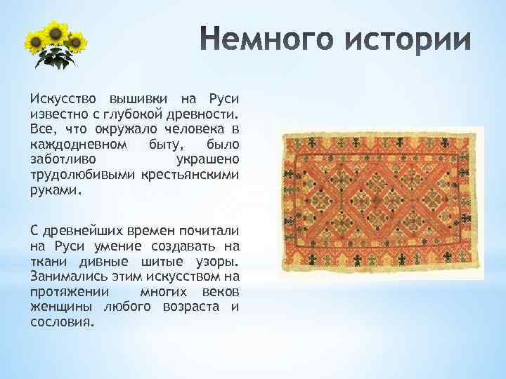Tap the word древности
(x=207, y=113)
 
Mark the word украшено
(x=208, y=159)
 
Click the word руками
(x=55, y=190)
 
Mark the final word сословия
(x=61, y=324)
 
